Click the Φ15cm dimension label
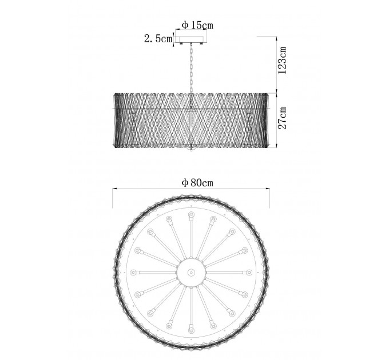(197, 25)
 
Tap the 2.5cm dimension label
(158, 39)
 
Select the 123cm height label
(283, 60)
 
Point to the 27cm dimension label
(283, 118)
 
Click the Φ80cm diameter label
(197, 183)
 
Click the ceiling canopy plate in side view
(191, 39)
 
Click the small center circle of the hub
(191, 273)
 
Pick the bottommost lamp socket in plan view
(190, 330)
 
